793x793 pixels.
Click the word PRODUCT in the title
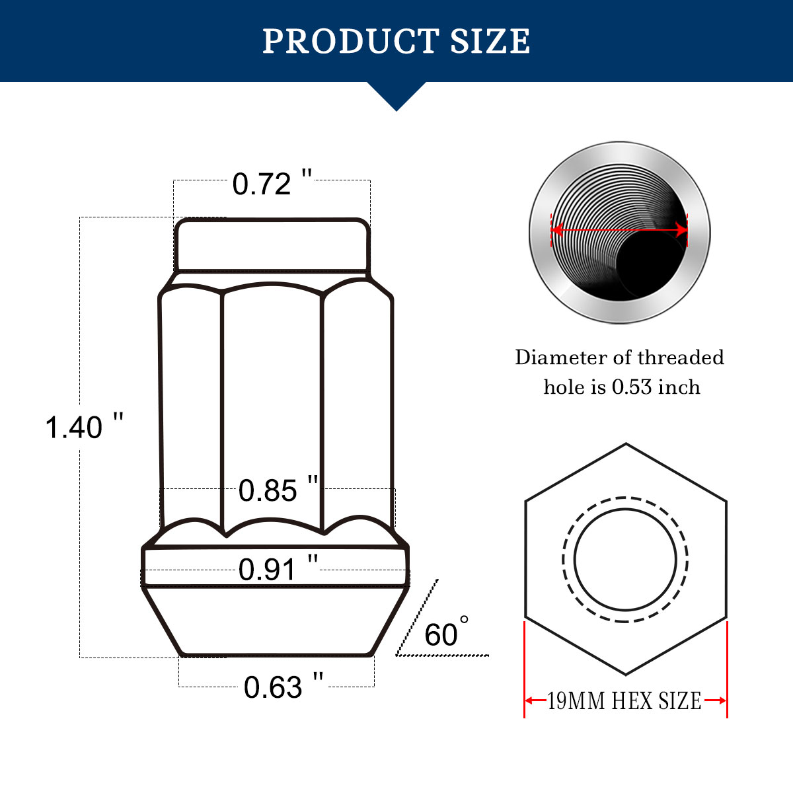coord(350,41)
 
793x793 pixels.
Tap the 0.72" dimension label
coord(272,183)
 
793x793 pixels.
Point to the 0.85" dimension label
coord(278,490)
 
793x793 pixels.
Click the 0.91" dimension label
coord(278,569)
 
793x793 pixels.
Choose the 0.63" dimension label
coord(283,687)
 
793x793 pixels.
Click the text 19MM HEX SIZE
coord(624,700)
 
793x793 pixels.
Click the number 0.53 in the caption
coord(632,387)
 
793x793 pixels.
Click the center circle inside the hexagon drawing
coord(625,559)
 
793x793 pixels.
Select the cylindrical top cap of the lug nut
coord(272,245)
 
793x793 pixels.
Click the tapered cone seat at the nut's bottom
coord(276,621)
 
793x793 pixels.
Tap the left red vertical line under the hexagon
coord(525,667)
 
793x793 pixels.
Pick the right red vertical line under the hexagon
coord(727,667)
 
